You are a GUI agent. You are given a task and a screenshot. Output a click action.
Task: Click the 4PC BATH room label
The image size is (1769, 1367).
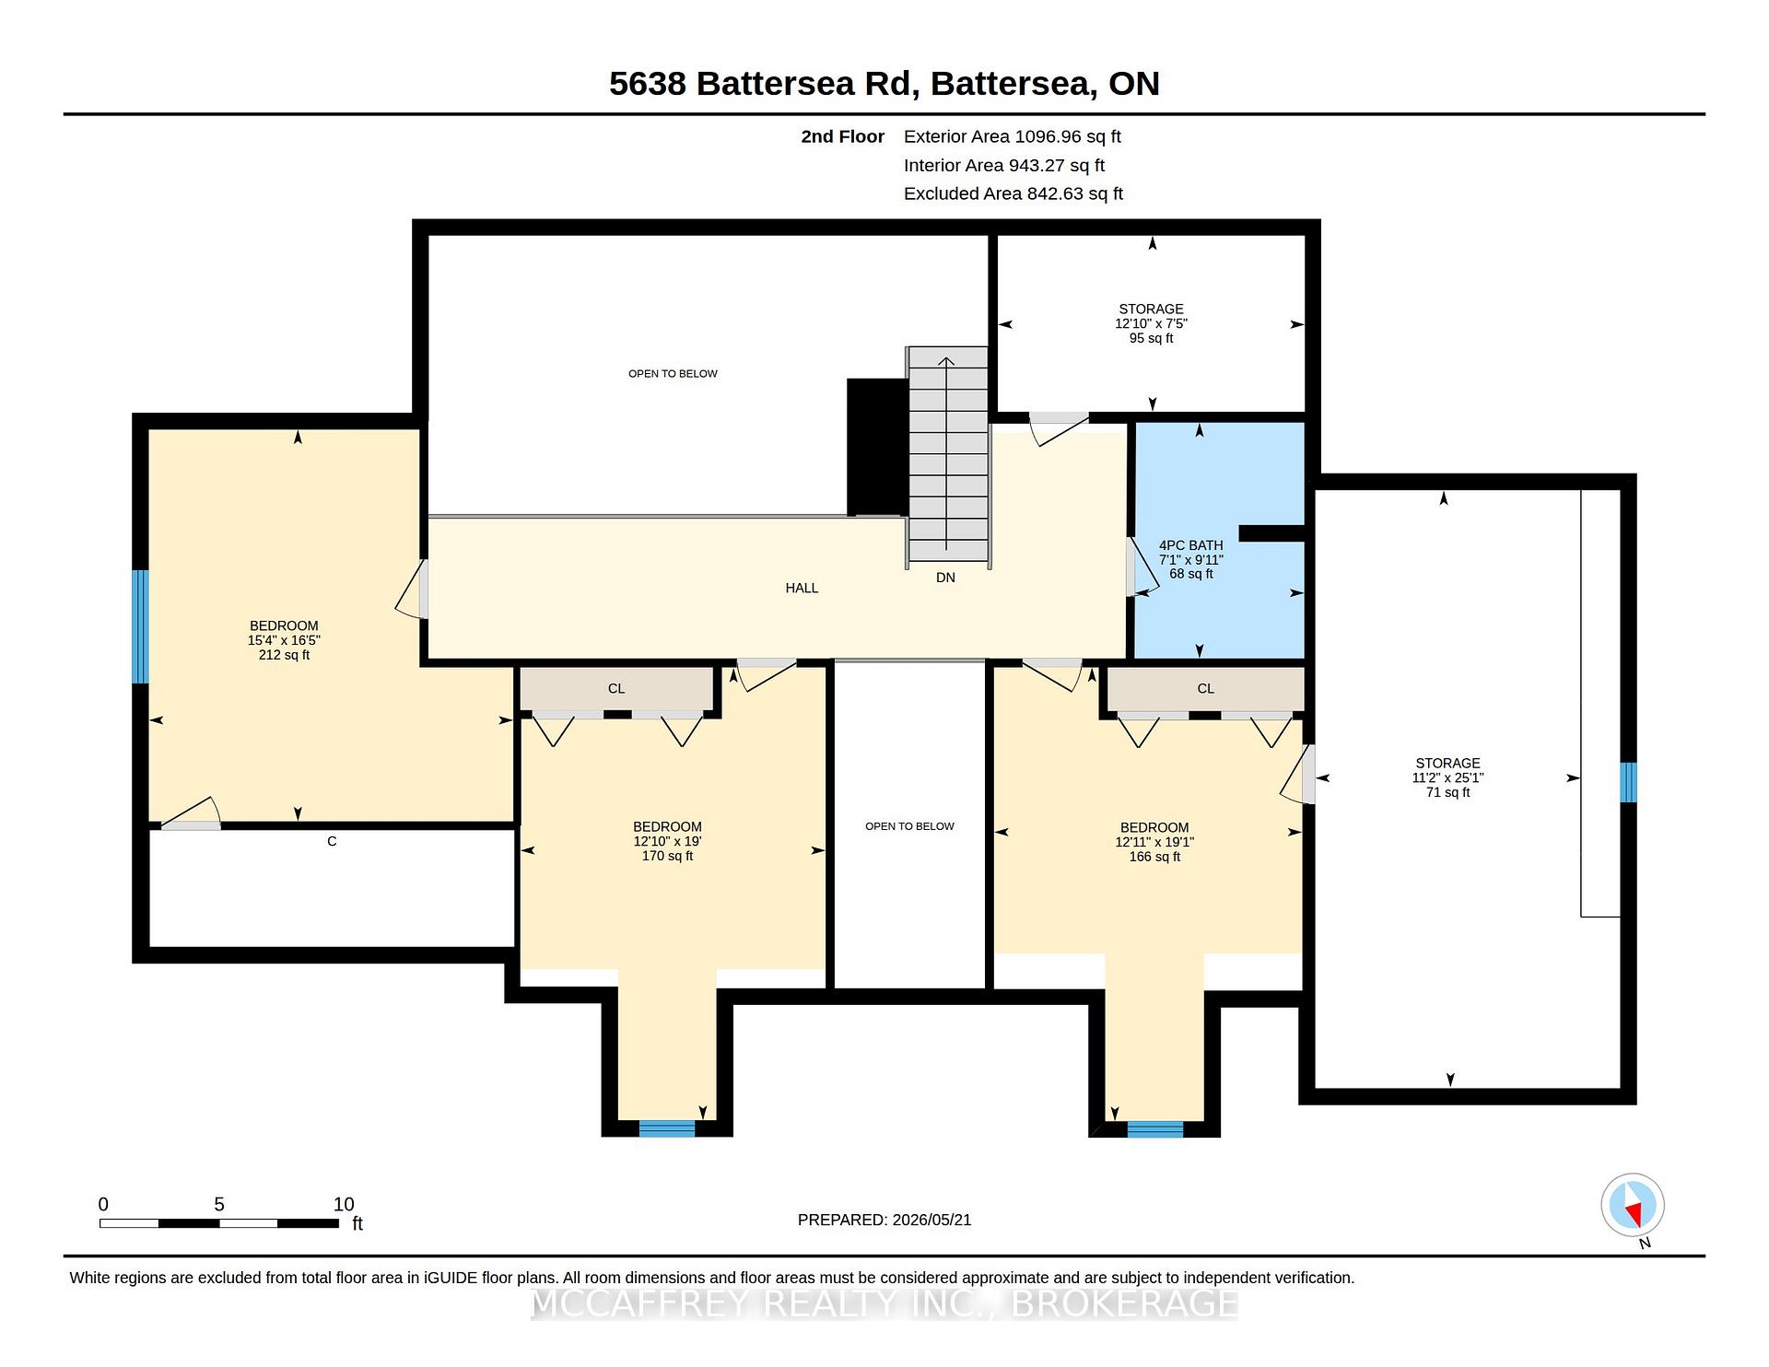[1190, 559]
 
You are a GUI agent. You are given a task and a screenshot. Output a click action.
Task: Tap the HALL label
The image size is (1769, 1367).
[802, 588]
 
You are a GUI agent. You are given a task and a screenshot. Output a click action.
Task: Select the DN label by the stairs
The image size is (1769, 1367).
[945, 578]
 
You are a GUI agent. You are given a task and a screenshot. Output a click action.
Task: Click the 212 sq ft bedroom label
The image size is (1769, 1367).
[284, 640]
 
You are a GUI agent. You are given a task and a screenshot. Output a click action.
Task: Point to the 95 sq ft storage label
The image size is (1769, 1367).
[1151, 323]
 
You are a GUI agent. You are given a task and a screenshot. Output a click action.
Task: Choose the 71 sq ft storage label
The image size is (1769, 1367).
[1447, 777]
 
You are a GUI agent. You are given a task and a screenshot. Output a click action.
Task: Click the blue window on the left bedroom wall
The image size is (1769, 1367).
[140, 626]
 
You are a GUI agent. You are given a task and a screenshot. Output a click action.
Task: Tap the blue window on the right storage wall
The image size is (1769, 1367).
[1628, 782]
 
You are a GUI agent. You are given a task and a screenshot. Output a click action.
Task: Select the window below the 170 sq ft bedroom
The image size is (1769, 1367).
[667, 1128]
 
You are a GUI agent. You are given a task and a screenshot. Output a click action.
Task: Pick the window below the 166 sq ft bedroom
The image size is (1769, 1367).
[1154, 1129]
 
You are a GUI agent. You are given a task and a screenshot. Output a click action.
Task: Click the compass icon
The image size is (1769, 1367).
[1633, 1206]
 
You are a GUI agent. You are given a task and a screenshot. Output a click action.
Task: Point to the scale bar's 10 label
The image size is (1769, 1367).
[344, 1204]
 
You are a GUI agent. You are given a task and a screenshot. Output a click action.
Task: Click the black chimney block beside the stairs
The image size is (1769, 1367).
[877, 447]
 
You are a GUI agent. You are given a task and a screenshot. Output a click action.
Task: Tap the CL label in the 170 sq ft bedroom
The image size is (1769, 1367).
[616, 688]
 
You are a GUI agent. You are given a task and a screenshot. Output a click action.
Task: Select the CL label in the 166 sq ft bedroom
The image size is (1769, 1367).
[1205, 688]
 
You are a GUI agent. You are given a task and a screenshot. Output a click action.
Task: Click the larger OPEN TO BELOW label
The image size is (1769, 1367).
[673, 373]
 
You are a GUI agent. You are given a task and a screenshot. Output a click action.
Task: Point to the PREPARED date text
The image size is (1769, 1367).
[884, 1220]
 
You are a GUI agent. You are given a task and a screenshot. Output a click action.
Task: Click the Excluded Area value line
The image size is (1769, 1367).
[1013, 193]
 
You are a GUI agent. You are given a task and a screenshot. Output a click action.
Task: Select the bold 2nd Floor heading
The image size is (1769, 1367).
[842, 136]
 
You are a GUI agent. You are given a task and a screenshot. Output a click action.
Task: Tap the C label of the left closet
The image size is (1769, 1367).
[332, 841]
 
